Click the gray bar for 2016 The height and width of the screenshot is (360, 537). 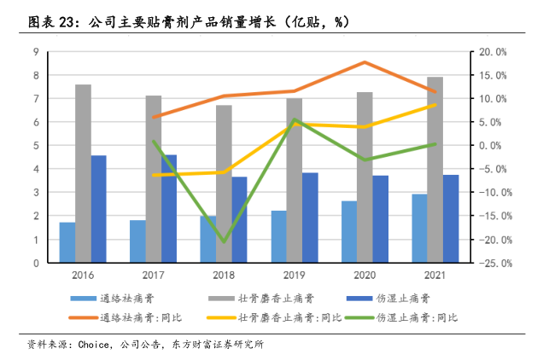(x=83, y=174)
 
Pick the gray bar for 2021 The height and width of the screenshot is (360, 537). (x=435, y=170)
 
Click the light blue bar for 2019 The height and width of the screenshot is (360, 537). (x=277, y=236)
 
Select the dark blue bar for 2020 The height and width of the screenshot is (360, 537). (x=380, y=219)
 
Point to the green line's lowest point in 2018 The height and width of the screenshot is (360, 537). (x=224, y=241)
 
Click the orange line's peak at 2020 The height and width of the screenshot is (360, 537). (x=364, y=62)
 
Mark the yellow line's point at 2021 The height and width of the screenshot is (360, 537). (x=435, y=105)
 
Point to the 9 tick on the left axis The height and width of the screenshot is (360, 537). (x=36, y=52)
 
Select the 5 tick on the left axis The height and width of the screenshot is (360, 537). (x=36, y=146)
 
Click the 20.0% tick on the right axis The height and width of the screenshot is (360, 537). (x=493, y=52)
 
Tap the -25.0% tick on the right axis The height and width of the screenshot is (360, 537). (x=492, y=263)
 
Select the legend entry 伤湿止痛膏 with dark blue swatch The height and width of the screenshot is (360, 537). (x=402, y=299)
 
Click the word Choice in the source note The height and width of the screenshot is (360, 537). (x=92, y=345)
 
